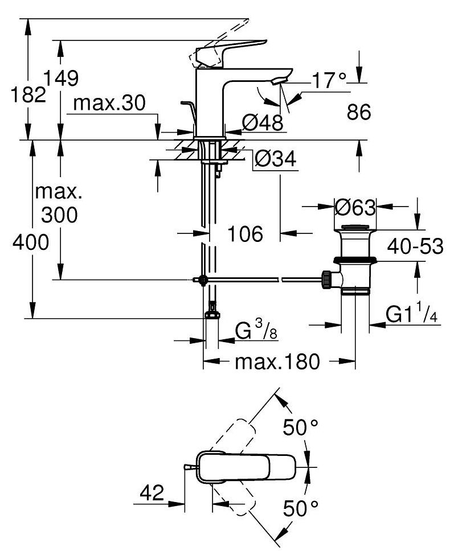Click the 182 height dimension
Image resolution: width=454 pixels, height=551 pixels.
point(28,95)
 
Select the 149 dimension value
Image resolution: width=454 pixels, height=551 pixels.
point(61,78)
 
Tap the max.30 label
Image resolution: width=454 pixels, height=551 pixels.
point(109,104)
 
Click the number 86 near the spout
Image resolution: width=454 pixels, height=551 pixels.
point(359,113)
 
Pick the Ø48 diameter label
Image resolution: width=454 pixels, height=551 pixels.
point(263,122)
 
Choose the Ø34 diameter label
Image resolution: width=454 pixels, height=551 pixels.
point(276,159)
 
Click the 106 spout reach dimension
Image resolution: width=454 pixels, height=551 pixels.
point(245,234)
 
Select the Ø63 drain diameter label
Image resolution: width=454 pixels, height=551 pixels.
point(355,207)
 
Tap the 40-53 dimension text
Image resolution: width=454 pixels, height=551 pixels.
point(415,246)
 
